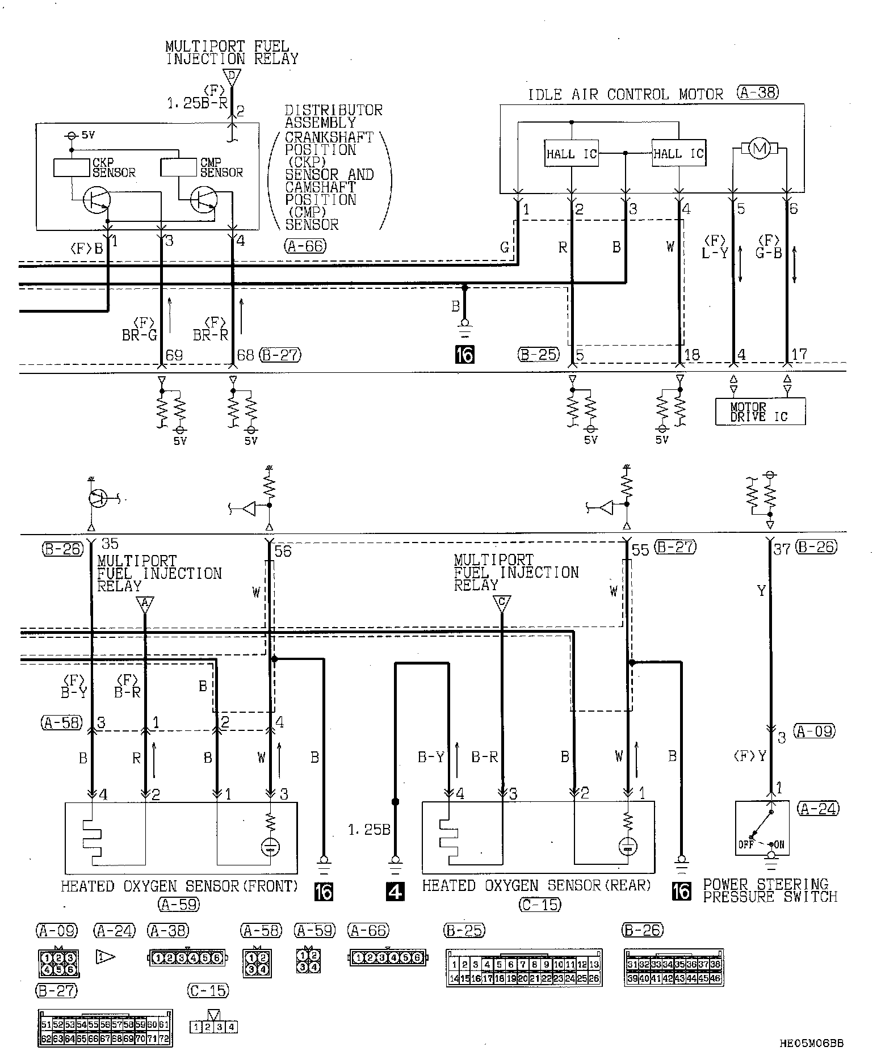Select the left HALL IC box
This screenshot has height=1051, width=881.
pos(571,153)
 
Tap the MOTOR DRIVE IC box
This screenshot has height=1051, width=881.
pos(760,411)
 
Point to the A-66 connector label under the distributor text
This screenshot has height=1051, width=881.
pos(306,245)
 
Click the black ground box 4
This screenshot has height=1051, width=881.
pos(395,892)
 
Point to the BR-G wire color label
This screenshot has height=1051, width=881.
pos(139,335)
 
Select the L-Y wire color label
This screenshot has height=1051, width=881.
pos(714,254)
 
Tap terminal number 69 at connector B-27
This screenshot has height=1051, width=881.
pos(174,356)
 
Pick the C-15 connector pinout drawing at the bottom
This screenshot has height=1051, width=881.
pos(213,1026)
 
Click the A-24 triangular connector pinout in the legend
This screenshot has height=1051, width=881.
pos(106,957)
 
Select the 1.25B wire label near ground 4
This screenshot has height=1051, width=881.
pos(369,830)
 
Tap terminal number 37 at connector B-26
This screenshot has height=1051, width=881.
pos(782,549)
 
